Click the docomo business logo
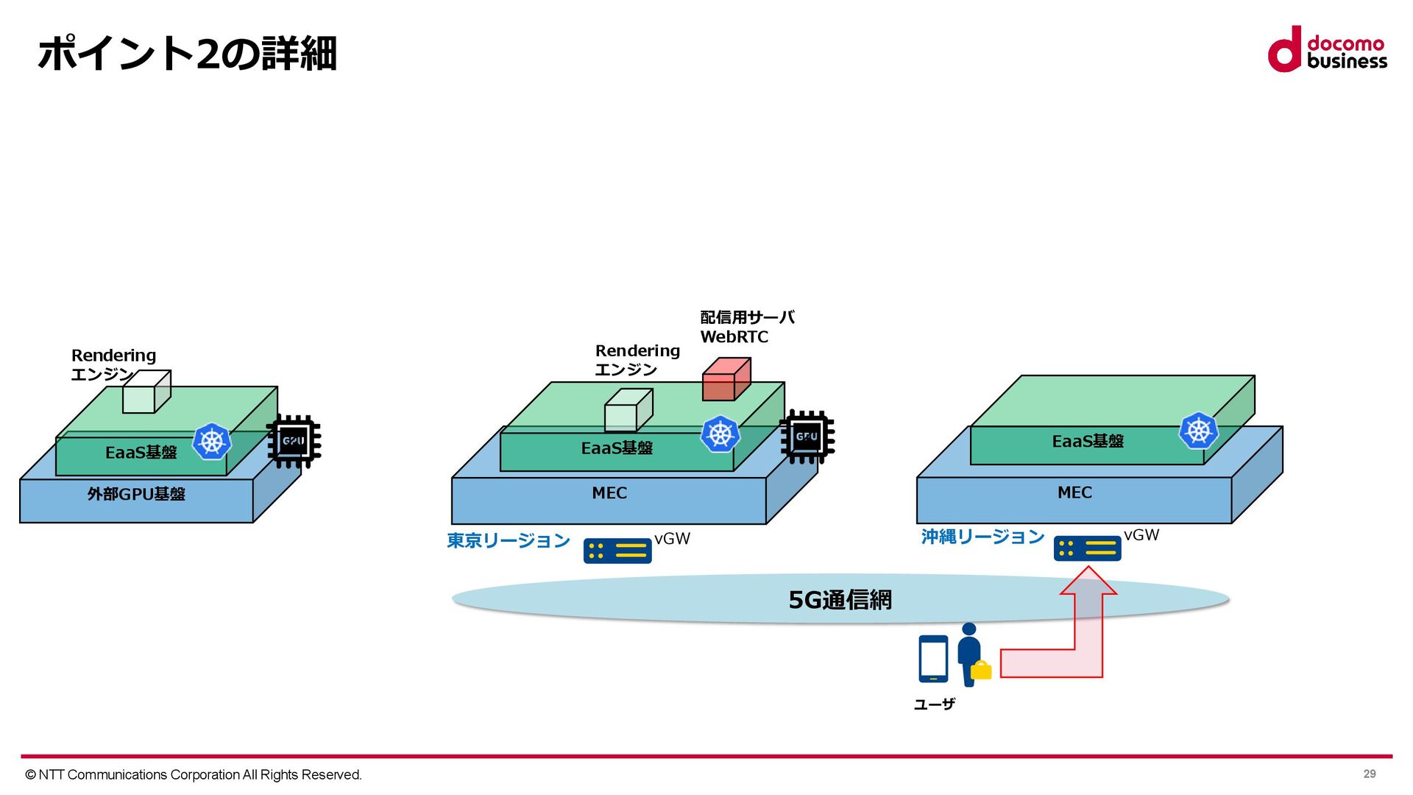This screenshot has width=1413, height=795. point(1327,50)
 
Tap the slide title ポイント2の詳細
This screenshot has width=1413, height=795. point(187,54)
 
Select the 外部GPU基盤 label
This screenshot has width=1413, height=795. point(136,494)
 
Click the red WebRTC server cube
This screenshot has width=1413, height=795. point(726,380)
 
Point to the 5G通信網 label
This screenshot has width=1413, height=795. point(840,600)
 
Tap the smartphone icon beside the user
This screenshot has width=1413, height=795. point(933,659)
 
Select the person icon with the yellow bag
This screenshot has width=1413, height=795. point(971,655)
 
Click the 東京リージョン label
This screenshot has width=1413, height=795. point(509,541)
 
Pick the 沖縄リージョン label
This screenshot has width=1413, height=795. point(982,537)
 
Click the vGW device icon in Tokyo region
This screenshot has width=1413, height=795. point(617,551)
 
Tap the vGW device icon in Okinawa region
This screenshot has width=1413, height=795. point(1087,548)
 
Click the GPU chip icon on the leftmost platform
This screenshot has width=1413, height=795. point(294,442)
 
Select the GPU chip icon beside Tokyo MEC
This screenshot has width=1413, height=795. point(807,437)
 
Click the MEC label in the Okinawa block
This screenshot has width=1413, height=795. point(1074,492)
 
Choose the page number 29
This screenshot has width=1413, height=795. point(1369,774)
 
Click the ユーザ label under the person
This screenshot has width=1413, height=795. point(935,704)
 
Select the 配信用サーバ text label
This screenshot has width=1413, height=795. point(747,317)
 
